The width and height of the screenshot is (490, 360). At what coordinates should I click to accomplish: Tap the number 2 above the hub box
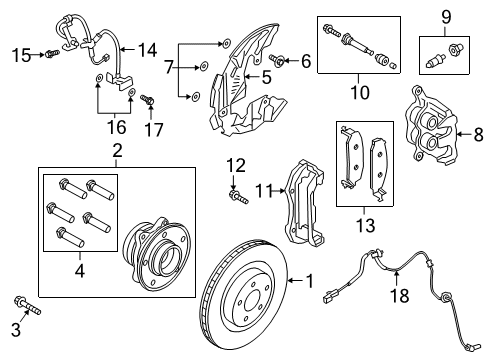117,152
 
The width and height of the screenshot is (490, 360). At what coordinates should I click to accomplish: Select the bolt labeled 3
24,331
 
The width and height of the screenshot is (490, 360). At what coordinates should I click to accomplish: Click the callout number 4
78,271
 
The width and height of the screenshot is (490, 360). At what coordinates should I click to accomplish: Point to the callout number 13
148,48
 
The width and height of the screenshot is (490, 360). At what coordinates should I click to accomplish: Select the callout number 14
47,53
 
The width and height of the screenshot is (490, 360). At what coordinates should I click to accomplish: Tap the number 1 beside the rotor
308,281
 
